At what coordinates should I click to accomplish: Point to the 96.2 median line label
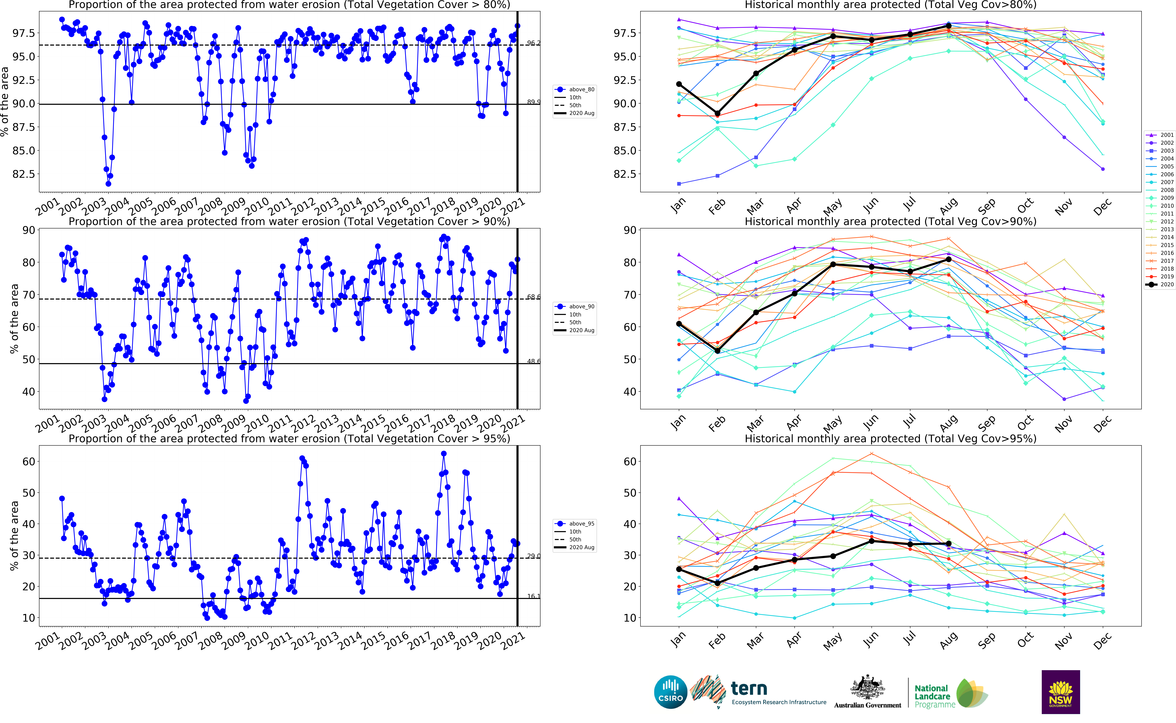pos(533,43)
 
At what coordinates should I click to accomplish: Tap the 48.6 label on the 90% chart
pos(533,361)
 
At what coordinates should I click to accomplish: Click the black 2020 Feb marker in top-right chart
pos(717,113)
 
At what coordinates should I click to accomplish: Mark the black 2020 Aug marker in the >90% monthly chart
pos(949,259)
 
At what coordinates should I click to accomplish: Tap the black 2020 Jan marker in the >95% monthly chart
pos(679,569)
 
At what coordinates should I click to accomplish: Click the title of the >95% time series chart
pos(289,438)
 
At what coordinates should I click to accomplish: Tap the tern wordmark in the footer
pos(749,689)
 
